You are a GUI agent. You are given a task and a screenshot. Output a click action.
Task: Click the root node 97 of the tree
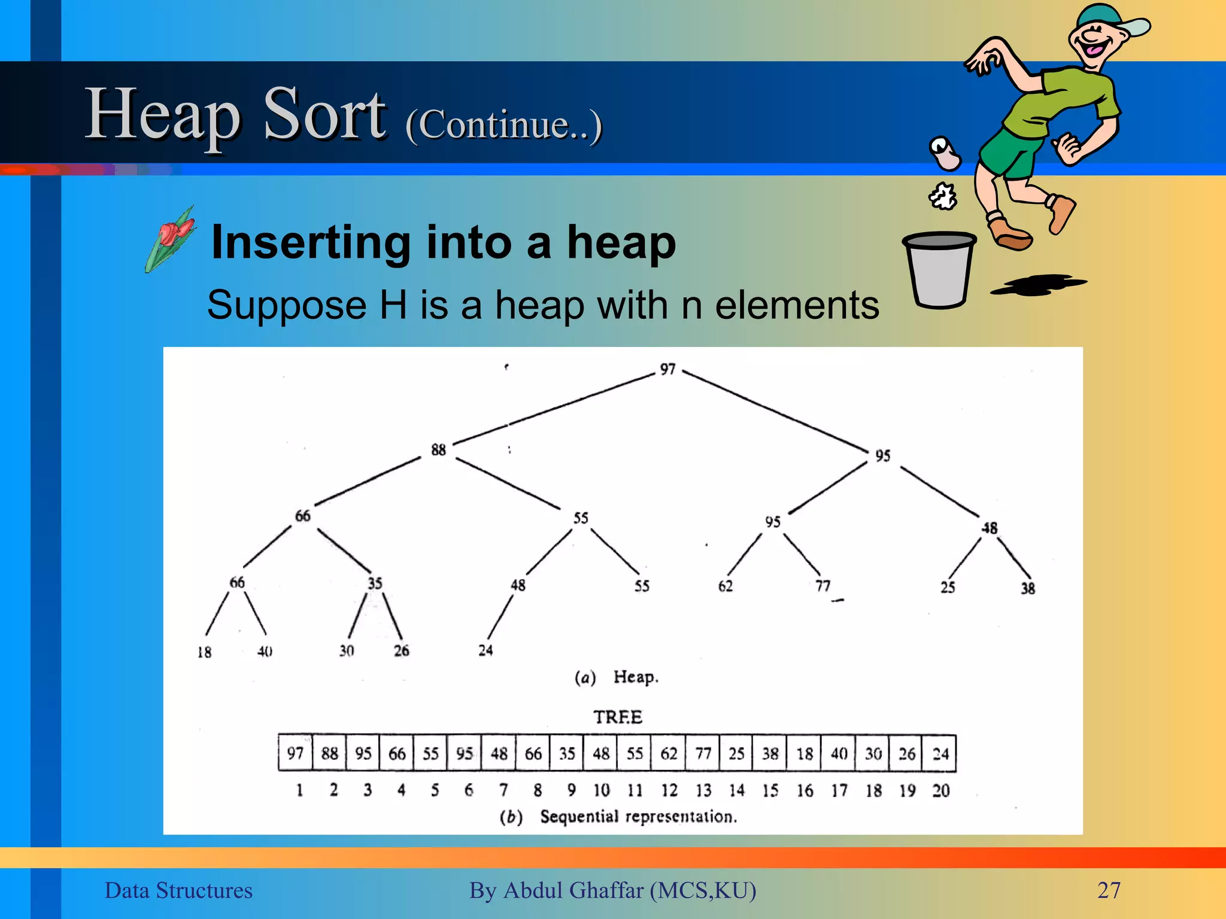667,369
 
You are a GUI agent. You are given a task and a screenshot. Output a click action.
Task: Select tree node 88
438,449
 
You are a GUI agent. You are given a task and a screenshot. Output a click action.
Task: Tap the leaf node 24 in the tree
485,650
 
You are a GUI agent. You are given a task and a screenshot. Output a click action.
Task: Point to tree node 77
823,585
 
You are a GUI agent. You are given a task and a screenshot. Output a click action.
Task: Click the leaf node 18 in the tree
204,652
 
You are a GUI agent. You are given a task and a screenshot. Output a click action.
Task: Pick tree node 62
725,586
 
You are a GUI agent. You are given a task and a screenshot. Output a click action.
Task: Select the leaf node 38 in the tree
1027,588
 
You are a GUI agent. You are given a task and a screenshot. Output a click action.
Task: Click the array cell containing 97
295,753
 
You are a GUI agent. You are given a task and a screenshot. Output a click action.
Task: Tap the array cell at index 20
940,753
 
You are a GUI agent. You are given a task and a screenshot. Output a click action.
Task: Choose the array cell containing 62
669,753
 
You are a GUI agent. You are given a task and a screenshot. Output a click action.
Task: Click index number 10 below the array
601,790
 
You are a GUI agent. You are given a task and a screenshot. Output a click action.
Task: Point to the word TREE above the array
617,717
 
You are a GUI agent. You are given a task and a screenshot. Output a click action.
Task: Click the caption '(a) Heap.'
617,677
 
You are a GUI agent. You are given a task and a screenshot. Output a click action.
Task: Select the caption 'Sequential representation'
638,816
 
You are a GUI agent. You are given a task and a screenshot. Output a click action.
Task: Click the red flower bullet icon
172,238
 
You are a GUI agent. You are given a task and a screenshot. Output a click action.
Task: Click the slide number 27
1109,890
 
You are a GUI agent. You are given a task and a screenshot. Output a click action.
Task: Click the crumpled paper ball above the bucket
943,196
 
